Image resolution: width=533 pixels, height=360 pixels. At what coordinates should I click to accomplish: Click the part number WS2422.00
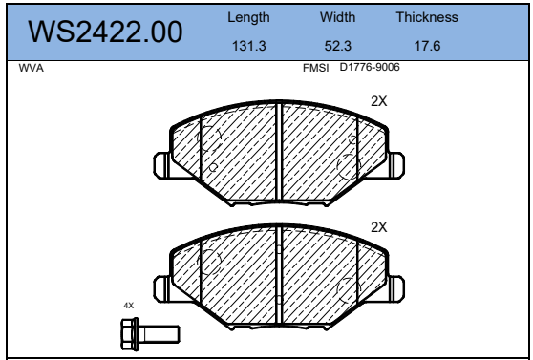[105, 32]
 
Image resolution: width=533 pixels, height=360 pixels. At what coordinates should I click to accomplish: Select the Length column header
[248, 18]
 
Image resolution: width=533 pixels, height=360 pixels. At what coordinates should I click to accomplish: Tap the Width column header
[337, 17]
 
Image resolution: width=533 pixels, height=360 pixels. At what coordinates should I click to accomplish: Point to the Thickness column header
[427, 17]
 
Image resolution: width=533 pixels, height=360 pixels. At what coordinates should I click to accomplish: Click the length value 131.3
[248, 46]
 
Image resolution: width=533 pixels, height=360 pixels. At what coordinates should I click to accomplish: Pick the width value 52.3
[338, 46]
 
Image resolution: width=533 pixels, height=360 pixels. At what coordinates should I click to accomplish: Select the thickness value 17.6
[427, 46]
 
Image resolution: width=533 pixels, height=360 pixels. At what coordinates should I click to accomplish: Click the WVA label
[32, 68]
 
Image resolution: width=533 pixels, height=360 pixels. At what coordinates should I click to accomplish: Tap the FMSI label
[316, 68]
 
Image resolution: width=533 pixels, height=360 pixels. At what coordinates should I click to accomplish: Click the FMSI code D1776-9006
[370, 67]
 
